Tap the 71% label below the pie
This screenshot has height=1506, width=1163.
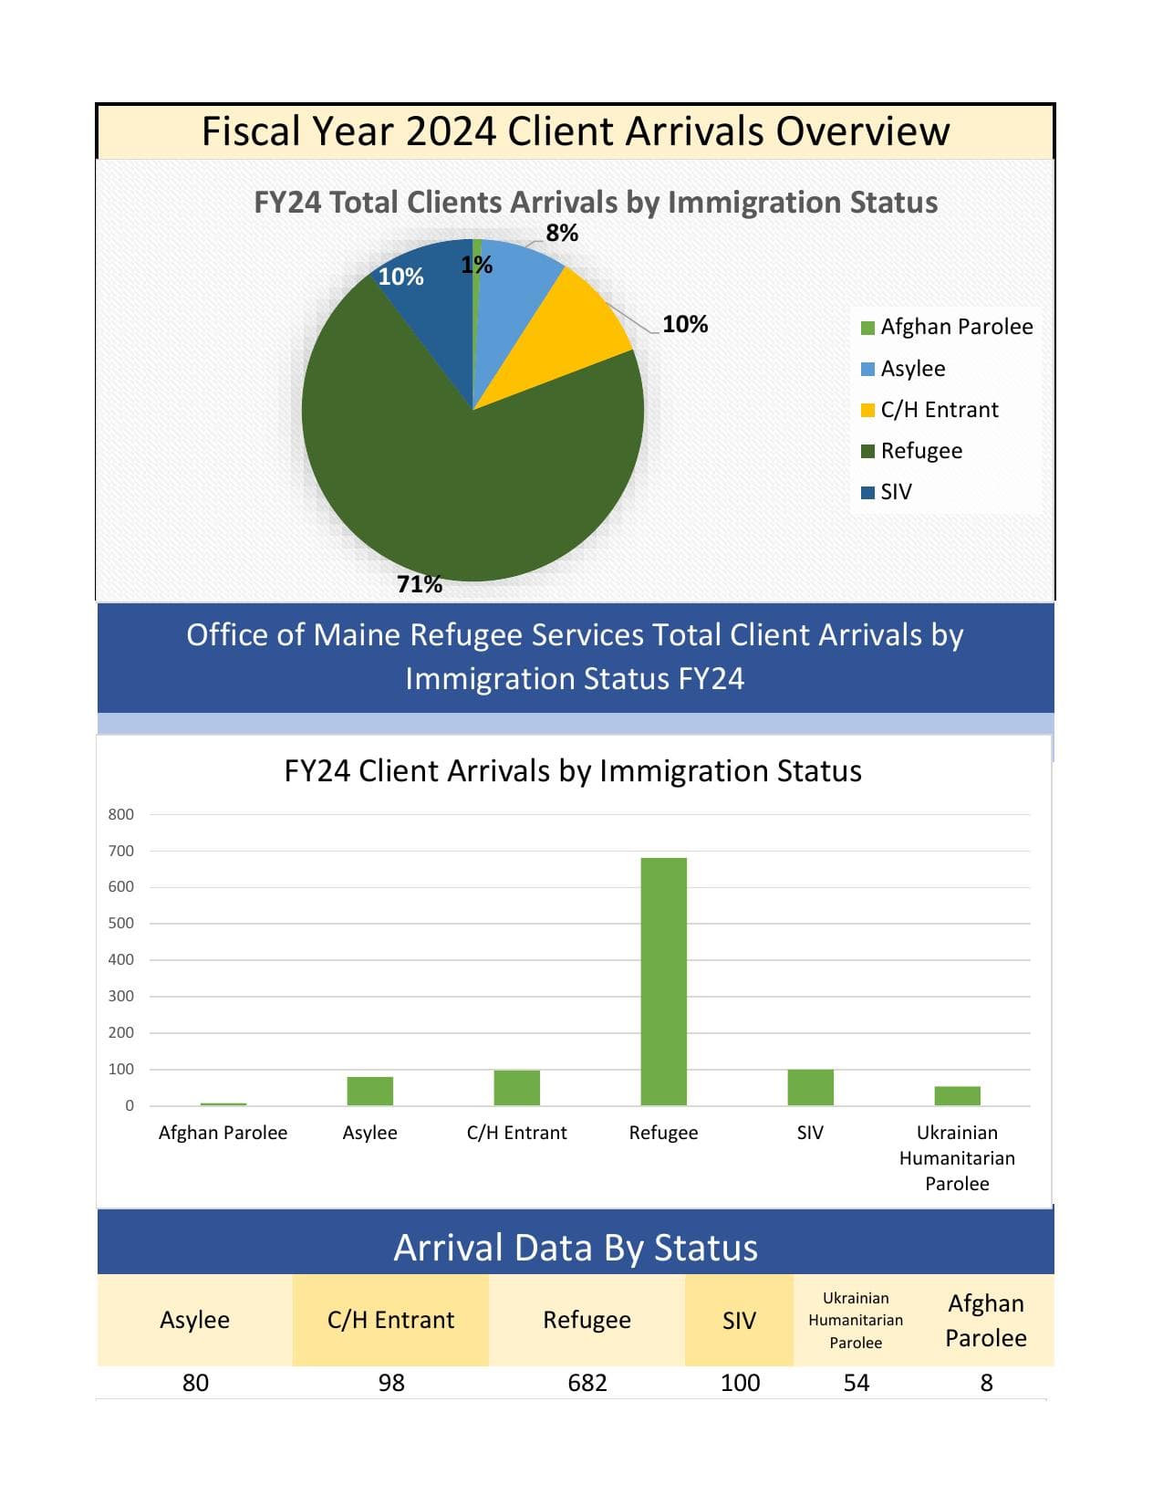[420, 584]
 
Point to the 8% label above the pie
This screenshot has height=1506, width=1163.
[562, 234]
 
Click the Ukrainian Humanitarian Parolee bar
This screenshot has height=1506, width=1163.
[957, 1096]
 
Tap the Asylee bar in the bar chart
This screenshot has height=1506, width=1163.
[369, 1092]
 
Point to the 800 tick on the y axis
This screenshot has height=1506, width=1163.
[121, 814]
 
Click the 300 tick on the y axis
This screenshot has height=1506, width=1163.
[121, 996]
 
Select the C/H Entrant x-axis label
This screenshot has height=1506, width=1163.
[516, 1133]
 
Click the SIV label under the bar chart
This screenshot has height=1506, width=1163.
[810, 1133]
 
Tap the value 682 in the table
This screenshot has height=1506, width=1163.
[587, 1383]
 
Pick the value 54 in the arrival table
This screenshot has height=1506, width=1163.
[856, 1383]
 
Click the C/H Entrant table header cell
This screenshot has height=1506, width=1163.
[390, 1320]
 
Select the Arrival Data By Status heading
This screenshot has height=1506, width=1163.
[576, 1248]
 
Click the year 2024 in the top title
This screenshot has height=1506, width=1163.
[451, 131]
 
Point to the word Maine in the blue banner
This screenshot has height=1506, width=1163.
[358, 635]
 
